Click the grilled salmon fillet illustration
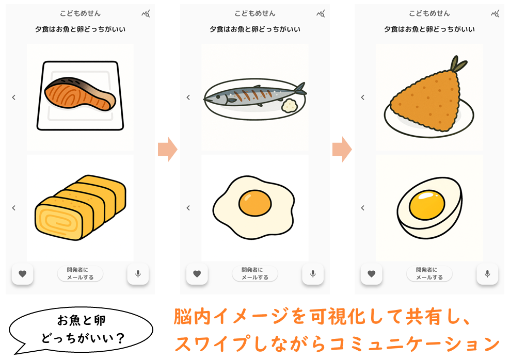[79, 93]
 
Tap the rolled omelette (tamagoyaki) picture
[81, 208]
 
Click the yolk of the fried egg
[254, 203]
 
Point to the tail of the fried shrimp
[458, 64]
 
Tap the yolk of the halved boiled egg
[427, 205]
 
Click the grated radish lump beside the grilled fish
[289, 105]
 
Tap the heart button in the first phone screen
[22, 274]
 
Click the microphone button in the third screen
[487, 274]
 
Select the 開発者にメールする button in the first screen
[81, 273]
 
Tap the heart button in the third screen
[372, 274]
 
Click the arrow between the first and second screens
[168, 149]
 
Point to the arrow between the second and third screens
[342, 149]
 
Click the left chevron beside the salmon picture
[13, 97]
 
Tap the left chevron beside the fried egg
[188, 208]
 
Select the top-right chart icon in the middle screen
[321, 13]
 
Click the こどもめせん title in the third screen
[429, 13]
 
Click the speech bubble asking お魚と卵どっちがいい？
[81, 330]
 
